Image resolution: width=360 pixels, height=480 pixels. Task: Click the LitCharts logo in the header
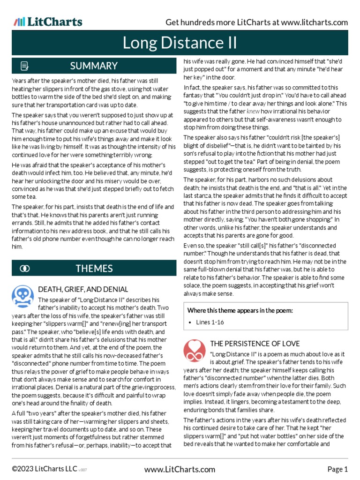48,22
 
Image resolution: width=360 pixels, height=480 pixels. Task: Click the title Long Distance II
180,43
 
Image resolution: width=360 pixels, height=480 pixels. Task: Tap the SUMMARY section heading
94,66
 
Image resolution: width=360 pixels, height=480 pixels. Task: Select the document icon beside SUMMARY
25,66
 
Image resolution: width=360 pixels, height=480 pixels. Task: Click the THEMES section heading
94,268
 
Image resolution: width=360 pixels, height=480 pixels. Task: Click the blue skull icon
22,296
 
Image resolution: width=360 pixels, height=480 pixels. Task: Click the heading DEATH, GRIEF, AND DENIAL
83,289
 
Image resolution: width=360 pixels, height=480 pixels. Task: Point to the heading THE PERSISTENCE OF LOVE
255,344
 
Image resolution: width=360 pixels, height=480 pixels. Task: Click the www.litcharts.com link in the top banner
315,22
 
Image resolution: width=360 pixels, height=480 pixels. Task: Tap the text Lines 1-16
210,322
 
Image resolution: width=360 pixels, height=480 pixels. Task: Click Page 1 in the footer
337,469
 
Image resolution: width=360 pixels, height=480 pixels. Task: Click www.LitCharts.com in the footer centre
180,469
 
